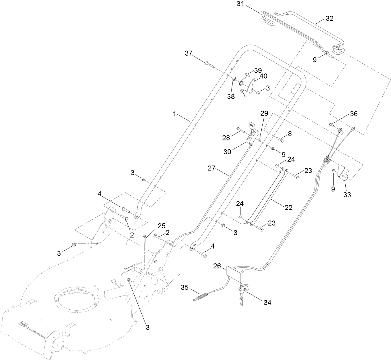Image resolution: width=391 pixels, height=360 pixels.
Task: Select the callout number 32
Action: coord(329,19)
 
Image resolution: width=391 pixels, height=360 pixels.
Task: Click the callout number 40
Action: coord(263,76)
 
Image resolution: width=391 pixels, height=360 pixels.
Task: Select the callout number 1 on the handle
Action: coord(175,114)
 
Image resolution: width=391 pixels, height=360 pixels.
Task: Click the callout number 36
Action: coord(354,114)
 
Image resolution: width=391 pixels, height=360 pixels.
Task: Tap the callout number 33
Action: coord(347,195)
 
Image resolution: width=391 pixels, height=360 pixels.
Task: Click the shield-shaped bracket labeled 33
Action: coord(343,173)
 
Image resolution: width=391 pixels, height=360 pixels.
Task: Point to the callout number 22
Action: coord(288,207)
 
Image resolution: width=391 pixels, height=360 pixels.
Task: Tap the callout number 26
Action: coord(217,266)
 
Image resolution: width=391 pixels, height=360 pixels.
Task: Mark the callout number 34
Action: coord(267,302)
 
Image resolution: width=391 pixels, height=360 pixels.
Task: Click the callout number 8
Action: coord(290,134)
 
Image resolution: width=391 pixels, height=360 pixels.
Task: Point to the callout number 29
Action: coord(264,114)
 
